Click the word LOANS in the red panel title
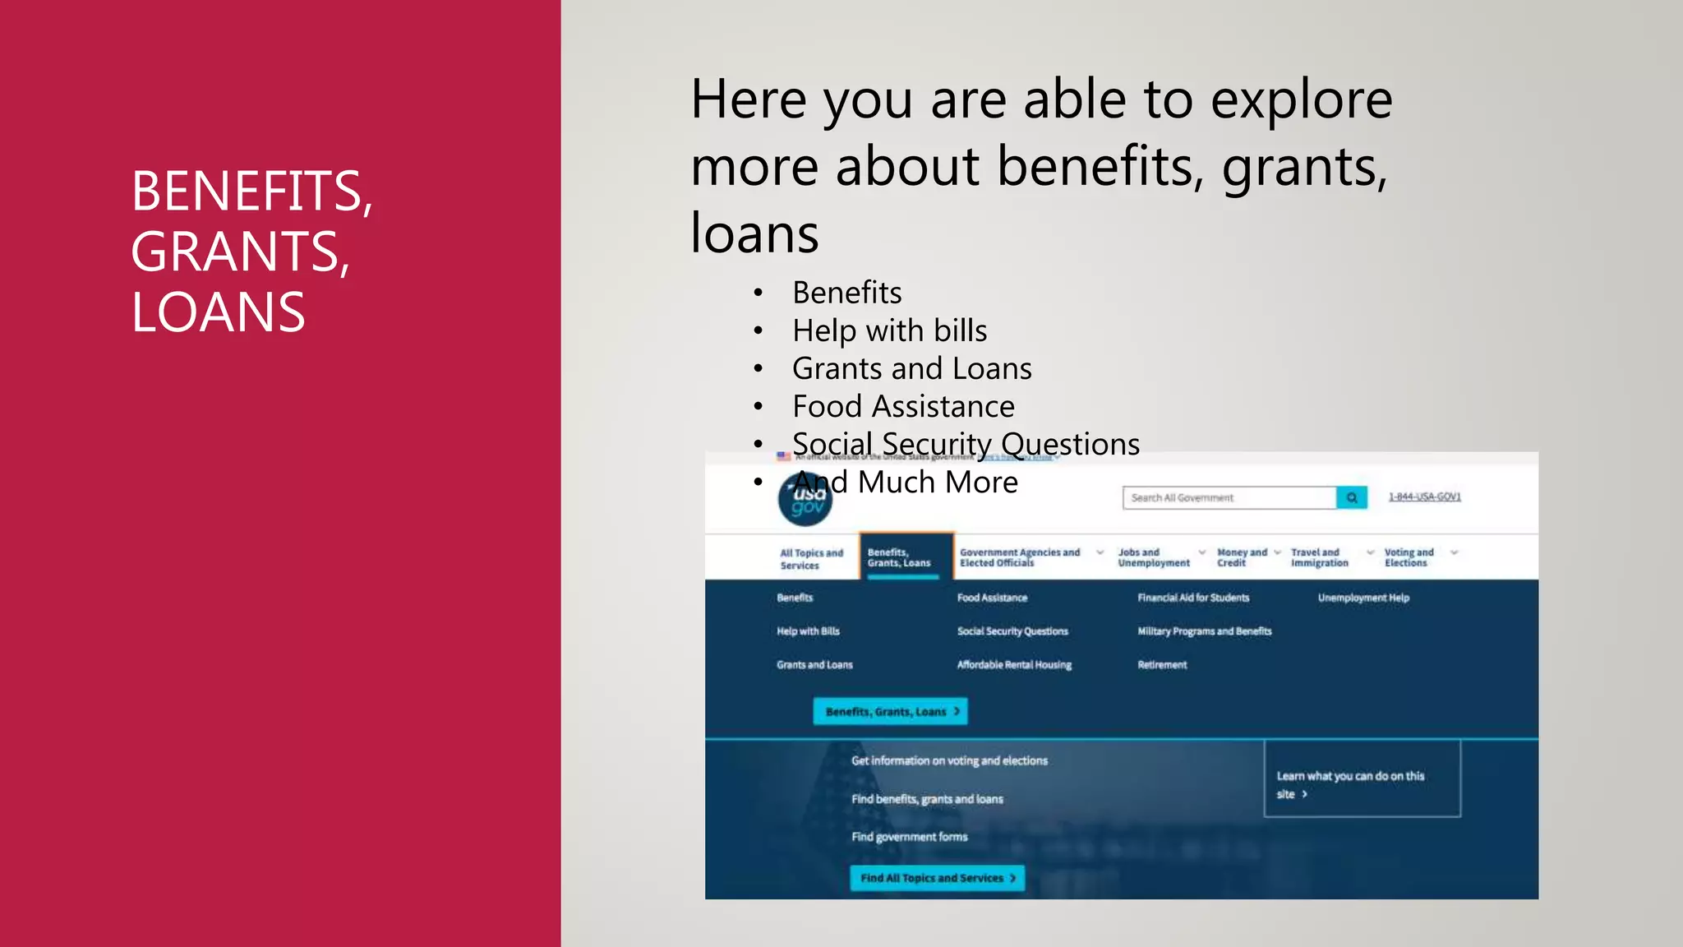218,313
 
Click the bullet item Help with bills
889,330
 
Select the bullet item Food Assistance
903,406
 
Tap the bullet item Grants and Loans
911,368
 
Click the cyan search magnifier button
1351,497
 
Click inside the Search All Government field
1228,497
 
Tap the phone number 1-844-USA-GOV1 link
1424,497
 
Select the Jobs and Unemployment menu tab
1153,557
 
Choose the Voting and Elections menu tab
1409,557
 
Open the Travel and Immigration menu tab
1319,557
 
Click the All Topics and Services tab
811,559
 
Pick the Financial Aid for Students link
1192,598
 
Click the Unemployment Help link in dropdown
1363,598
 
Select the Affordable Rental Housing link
1014,664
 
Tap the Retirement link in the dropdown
1162,664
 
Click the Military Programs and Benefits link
1204,631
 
